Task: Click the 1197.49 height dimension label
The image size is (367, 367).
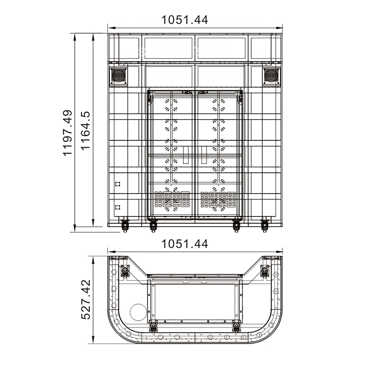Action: click(x=67, y=133)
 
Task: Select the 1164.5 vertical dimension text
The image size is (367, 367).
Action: click(x=85, y=131)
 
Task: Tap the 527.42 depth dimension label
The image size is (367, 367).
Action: click(x=86, y=300)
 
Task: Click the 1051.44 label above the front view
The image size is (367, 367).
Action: click(x=185, y=20)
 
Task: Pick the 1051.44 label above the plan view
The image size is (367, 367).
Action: click(x=185, y=244)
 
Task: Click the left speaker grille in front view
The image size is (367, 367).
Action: click(x=118, y=75)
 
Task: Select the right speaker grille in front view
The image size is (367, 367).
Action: click(x=271, y=75)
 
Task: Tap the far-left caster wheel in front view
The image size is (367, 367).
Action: click(x=125, y=226)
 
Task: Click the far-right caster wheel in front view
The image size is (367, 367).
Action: click(x=265, y=226)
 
